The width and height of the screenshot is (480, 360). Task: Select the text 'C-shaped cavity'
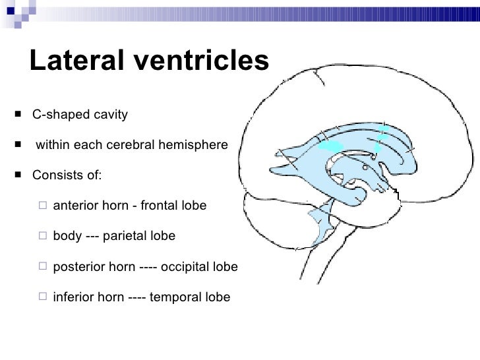pyautogui.click(x=80, y=115)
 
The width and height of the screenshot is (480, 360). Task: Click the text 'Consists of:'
pyautogui.click(x=67, y=176)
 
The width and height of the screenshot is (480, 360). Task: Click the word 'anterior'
pyautogui.click(x=75, y=206)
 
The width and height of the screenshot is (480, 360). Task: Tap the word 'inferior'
pyautogui.click(x=73, y=297)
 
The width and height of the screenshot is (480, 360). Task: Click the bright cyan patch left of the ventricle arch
pyautogui.click(x=330, y=147)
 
